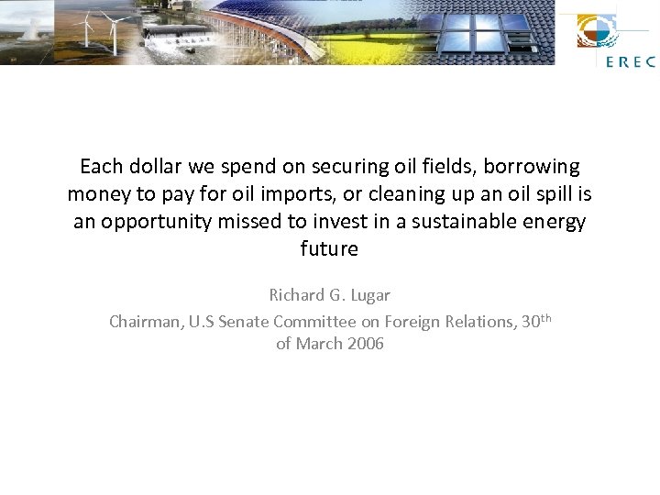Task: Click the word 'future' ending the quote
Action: [x=329, y=249]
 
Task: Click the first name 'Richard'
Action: [x=297, y=295]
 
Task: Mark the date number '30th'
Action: [x=536, y=321]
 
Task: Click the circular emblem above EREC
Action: [x=597, y=31]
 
